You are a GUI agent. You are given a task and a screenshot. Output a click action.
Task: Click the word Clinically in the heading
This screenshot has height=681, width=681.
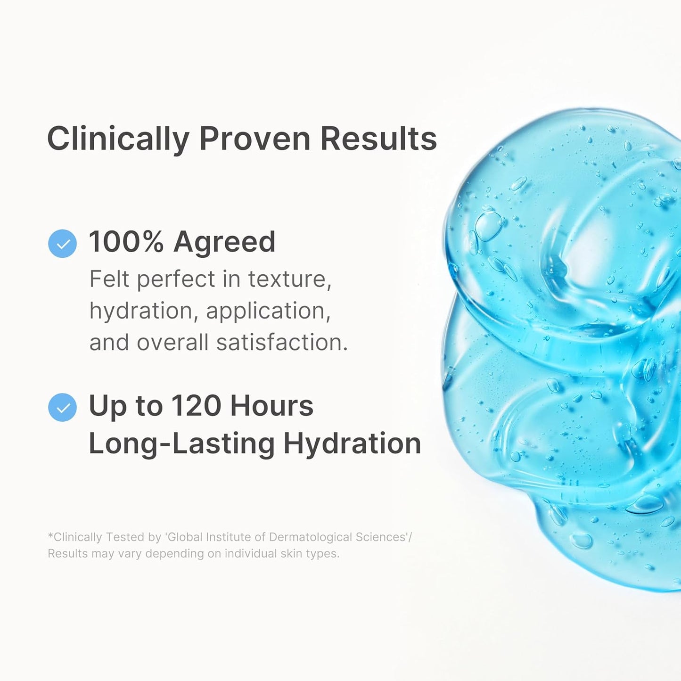[x=118, y=139]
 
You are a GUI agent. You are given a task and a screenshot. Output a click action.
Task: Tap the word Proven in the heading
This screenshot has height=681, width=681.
[x=254, y=139]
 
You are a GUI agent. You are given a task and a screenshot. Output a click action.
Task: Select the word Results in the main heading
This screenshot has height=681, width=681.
[x=378, y=139]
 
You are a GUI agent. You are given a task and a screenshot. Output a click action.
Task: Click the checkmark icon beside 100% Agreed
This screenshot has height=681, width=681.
[x=62, y=244]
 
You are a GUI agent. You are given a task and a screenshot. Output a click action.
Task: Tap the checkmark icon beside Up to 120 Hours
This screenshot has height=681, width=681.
[x=62, y=407]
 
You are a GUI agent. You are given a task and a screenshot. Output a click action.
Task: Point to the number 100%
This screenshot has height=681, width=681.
[x=126, y=242]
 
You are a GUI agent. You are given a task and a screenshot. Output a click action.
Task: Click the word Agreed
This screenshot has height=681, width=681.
[x=224, y=243]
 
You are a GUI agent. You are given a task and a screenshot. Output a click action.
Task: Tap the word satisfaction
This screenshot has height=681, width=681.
[x=281, y=342]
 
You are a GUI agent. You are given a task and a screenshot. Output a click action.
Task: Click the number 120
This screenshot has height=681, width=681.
[x=196, y=406]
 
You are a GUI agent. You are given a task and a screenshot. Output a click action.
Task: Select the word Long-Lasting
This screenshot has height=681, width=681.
[x=181, y=444]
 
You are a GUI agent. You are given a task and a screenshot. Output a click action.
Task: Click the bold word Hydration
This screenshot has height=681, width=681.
[x=352, y=444]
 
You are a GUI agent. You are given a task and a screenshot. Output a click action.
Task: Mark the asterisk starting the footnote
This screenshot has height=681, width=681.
[x=50, y=536]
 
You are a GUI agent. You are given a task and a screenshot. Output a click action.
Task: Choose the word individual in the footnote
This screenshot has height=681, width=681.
[x=251, y=553]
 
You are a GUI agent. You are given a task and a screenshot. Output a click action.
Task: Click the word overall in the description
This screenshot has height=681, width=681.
[x=172, y=342]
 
